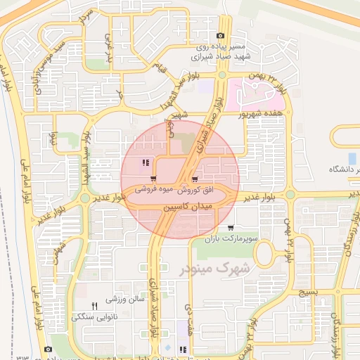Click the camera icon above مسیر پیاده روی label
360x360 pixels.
tap(221, 36)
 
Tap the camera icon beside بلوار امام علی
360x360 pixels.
tap(48, 349)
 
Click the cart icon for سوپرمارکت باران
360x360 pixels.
tap(231, 228)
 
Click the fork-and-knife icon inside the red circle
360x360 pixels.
tap(145, 163)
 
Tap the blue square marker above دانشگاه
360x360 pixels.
tap(352, 157)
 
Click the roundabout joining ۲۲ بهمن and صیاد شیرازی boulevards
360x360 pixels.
tap(222, 75)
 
